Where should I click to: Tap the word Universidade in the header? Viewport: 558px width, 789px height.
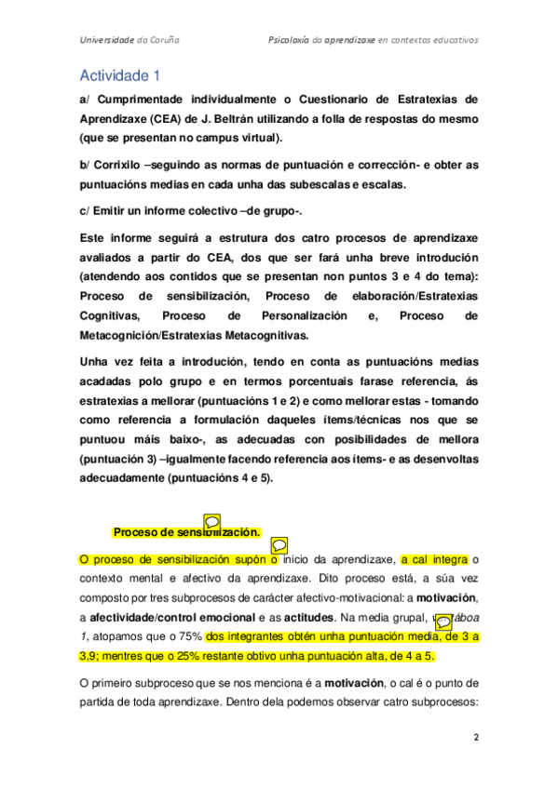pos(105,41)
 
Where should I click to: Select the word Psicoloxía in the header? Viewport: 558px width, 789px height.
pos(291,41)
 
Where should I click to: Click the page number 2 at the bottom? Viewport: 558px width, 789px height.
pos(476,736)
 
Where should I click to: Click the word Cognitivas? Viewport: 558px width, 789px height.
pos(110,316)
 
